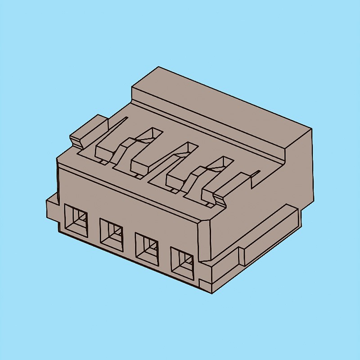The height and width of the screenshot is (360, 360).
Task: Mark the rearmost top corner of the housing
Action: coord(158,67)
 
